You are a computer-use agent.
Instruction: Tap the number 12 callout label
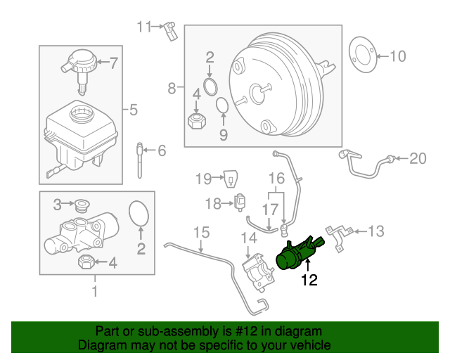[x=309, y=281]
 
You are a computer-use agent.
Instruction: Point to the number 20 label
[x=418, y=159]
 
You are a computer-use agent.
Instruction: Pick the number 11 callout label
[x=144, y=27]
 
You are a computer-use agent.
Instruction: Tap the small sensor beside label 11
[x=170, y=31]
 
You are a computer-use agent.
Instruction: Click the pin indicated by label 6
[x=140, y=162]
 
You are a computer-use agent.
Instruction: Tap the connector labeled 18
[x=243, y=203]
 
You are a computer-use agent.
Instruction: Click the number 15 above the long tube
[x=201, y=231]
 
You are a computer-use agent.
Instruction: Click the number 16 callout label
[x=276, y=179]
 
